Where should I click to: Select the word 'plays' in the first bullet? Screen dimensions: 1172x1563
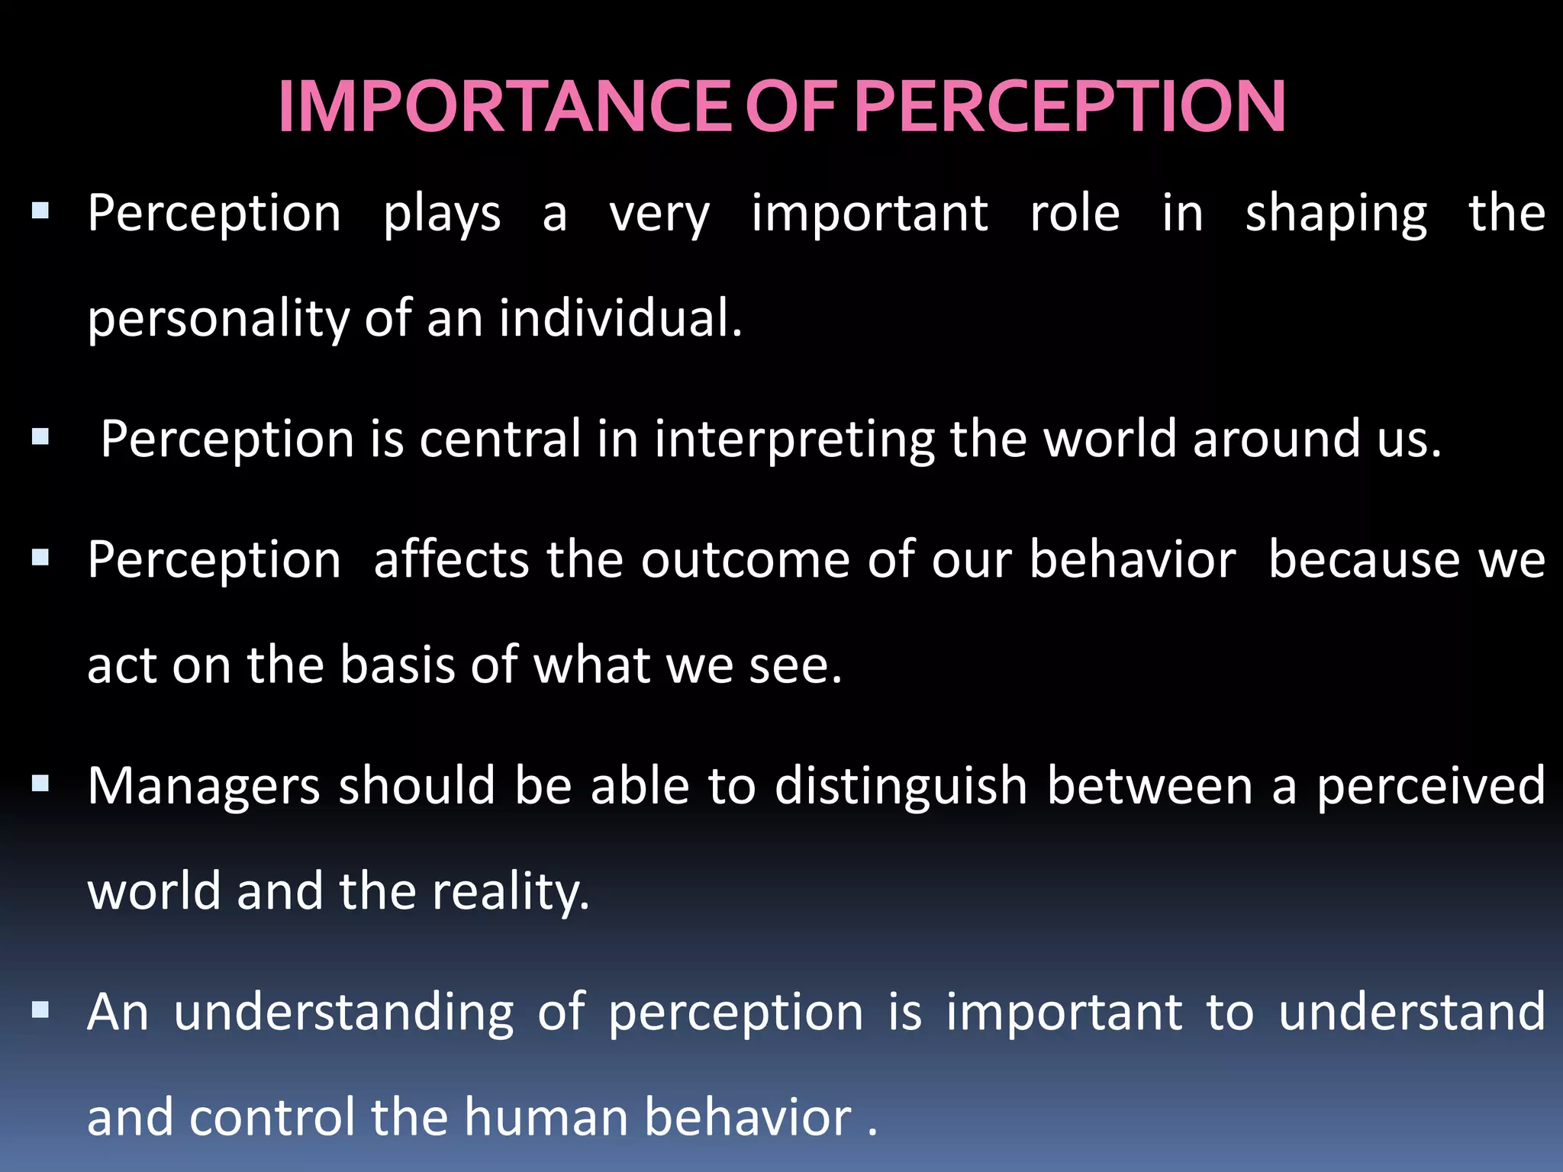442,214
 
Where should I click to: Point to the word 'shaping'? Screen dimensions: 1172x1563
1336,214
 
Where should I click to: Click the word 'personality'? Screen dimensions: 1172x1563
218,319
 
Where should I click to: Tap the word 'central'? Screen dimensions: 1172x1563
500,439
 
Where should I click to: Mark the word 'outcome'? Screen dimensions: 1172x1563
745,561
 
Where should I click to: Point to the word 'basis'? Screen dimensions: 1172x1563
397,665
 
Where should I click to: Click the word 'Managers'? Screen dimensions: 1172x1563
203,787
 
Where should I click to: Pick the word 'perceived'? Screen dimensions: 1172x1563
1431,787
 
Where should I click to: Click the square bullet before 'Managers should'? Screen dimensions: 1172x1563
40,784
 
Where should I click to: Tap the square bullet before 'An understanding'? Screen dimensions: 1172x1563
40,1011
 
